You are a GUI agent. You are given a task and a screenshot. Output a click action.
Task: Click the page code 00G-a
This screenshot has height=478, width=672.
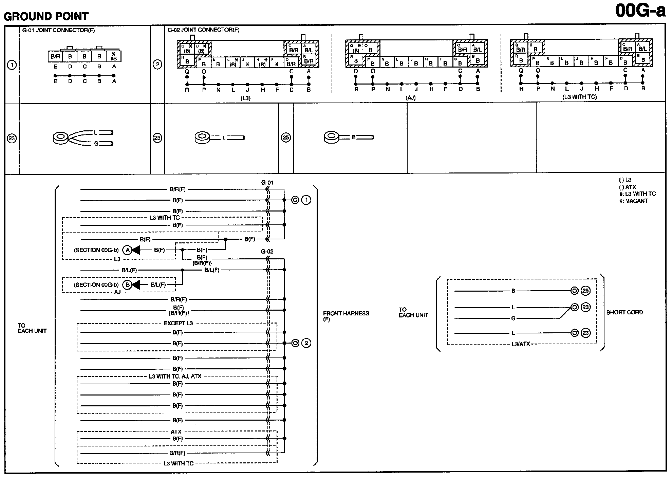tap(640, 11)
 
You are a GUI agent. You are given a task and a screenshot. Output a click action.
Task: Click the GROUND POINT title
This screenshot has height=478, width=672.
tap(46, 16)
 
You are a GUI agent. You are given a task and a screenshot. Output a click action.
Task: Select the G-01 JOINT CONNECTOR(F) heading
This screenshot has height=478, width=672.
tap(58, 30)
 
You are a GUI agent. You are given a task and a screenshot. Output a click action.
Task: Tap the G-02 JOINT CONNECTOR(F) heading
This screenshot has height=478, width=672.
tap(204, 30)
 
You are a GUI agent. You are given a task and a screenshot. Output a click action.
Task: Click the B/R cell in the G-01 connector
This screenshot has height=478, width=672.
tap(55, 57)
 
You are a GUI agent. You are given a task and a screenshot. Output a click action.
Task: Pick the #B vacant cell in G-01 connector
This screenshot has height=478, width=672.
tap(114, 56)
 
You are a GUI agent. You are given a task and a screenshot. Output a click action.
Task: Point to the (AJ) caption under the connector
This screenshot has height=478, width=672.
tap(410, 97)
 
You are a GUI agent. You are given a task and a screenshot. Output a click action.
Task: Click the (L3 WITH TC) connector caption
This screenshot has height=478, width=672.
tap(579, 97)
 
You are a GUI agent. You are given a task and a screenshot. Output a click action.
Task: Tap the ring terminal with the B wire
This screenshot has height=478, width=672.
tap(332, 137)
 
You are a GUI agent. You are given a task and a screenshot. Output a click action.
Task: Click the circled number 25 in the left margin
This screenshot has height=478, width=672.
tap(286, 137)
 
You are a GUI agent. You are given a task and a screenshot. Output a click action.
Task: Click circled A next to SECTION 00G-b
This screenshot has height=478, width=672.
tap(127, 250)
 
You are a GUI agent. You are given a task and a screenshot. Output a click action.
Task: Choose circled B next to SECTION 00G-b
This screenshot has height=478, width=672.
tap(127, 285)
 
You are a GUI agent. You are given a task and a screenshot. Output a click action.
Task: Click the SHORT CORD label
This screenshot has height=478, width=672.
tap(624, 312)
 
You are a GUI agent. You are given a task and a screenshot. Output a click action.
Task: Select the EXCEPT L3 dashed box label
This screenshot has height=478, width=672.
tap(178, 323)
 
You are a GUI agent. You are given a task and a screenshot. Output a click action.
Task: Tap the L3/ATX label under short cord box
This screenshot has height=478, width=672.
tap(521, 344)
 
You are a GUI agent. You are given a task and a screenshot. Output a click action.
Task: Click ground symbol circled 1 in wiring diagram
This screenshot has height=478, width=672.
tap(306, 200)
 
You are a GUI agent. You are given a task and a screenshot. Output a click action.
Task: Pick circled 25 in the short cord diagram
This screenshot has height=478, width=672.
tap(585, 291)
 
